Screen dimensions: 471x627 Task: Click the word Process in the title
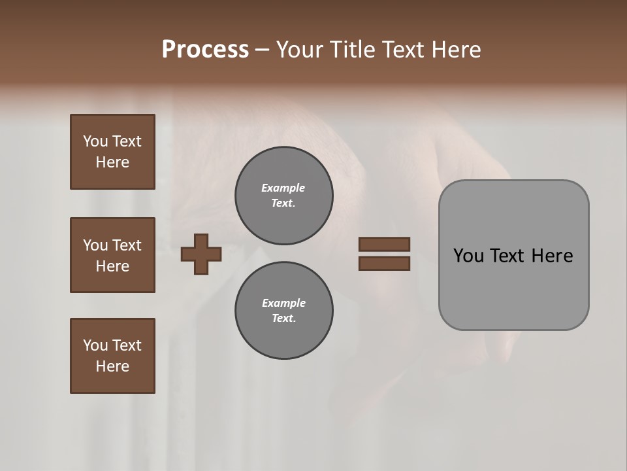205,50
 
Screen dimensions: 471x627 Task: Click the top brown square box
112,152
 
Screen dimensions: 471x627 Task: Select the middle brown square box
112,255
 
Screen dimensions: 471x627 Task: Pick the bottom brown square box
112,356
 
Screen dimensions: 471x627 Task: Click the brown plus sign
201,254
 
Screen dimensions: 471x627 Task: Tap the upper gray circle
283,196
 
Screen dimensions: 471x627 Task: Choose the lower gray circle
283,311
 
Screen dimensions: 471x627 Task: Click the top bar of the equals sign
384,244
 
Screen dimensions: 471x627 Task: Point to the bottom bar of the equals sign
384,264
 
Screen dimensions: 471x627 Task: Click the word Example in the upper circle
283,188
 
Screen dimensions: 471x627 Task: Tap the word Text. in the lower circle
283,319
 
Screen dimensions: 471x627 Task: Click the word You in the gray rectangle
468,256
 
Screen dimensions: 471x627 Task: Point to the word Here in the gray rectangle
552,256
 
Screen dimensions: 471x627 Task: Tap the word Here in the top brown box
112,162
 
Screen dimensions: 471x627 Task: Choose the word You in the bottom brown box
95,345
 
